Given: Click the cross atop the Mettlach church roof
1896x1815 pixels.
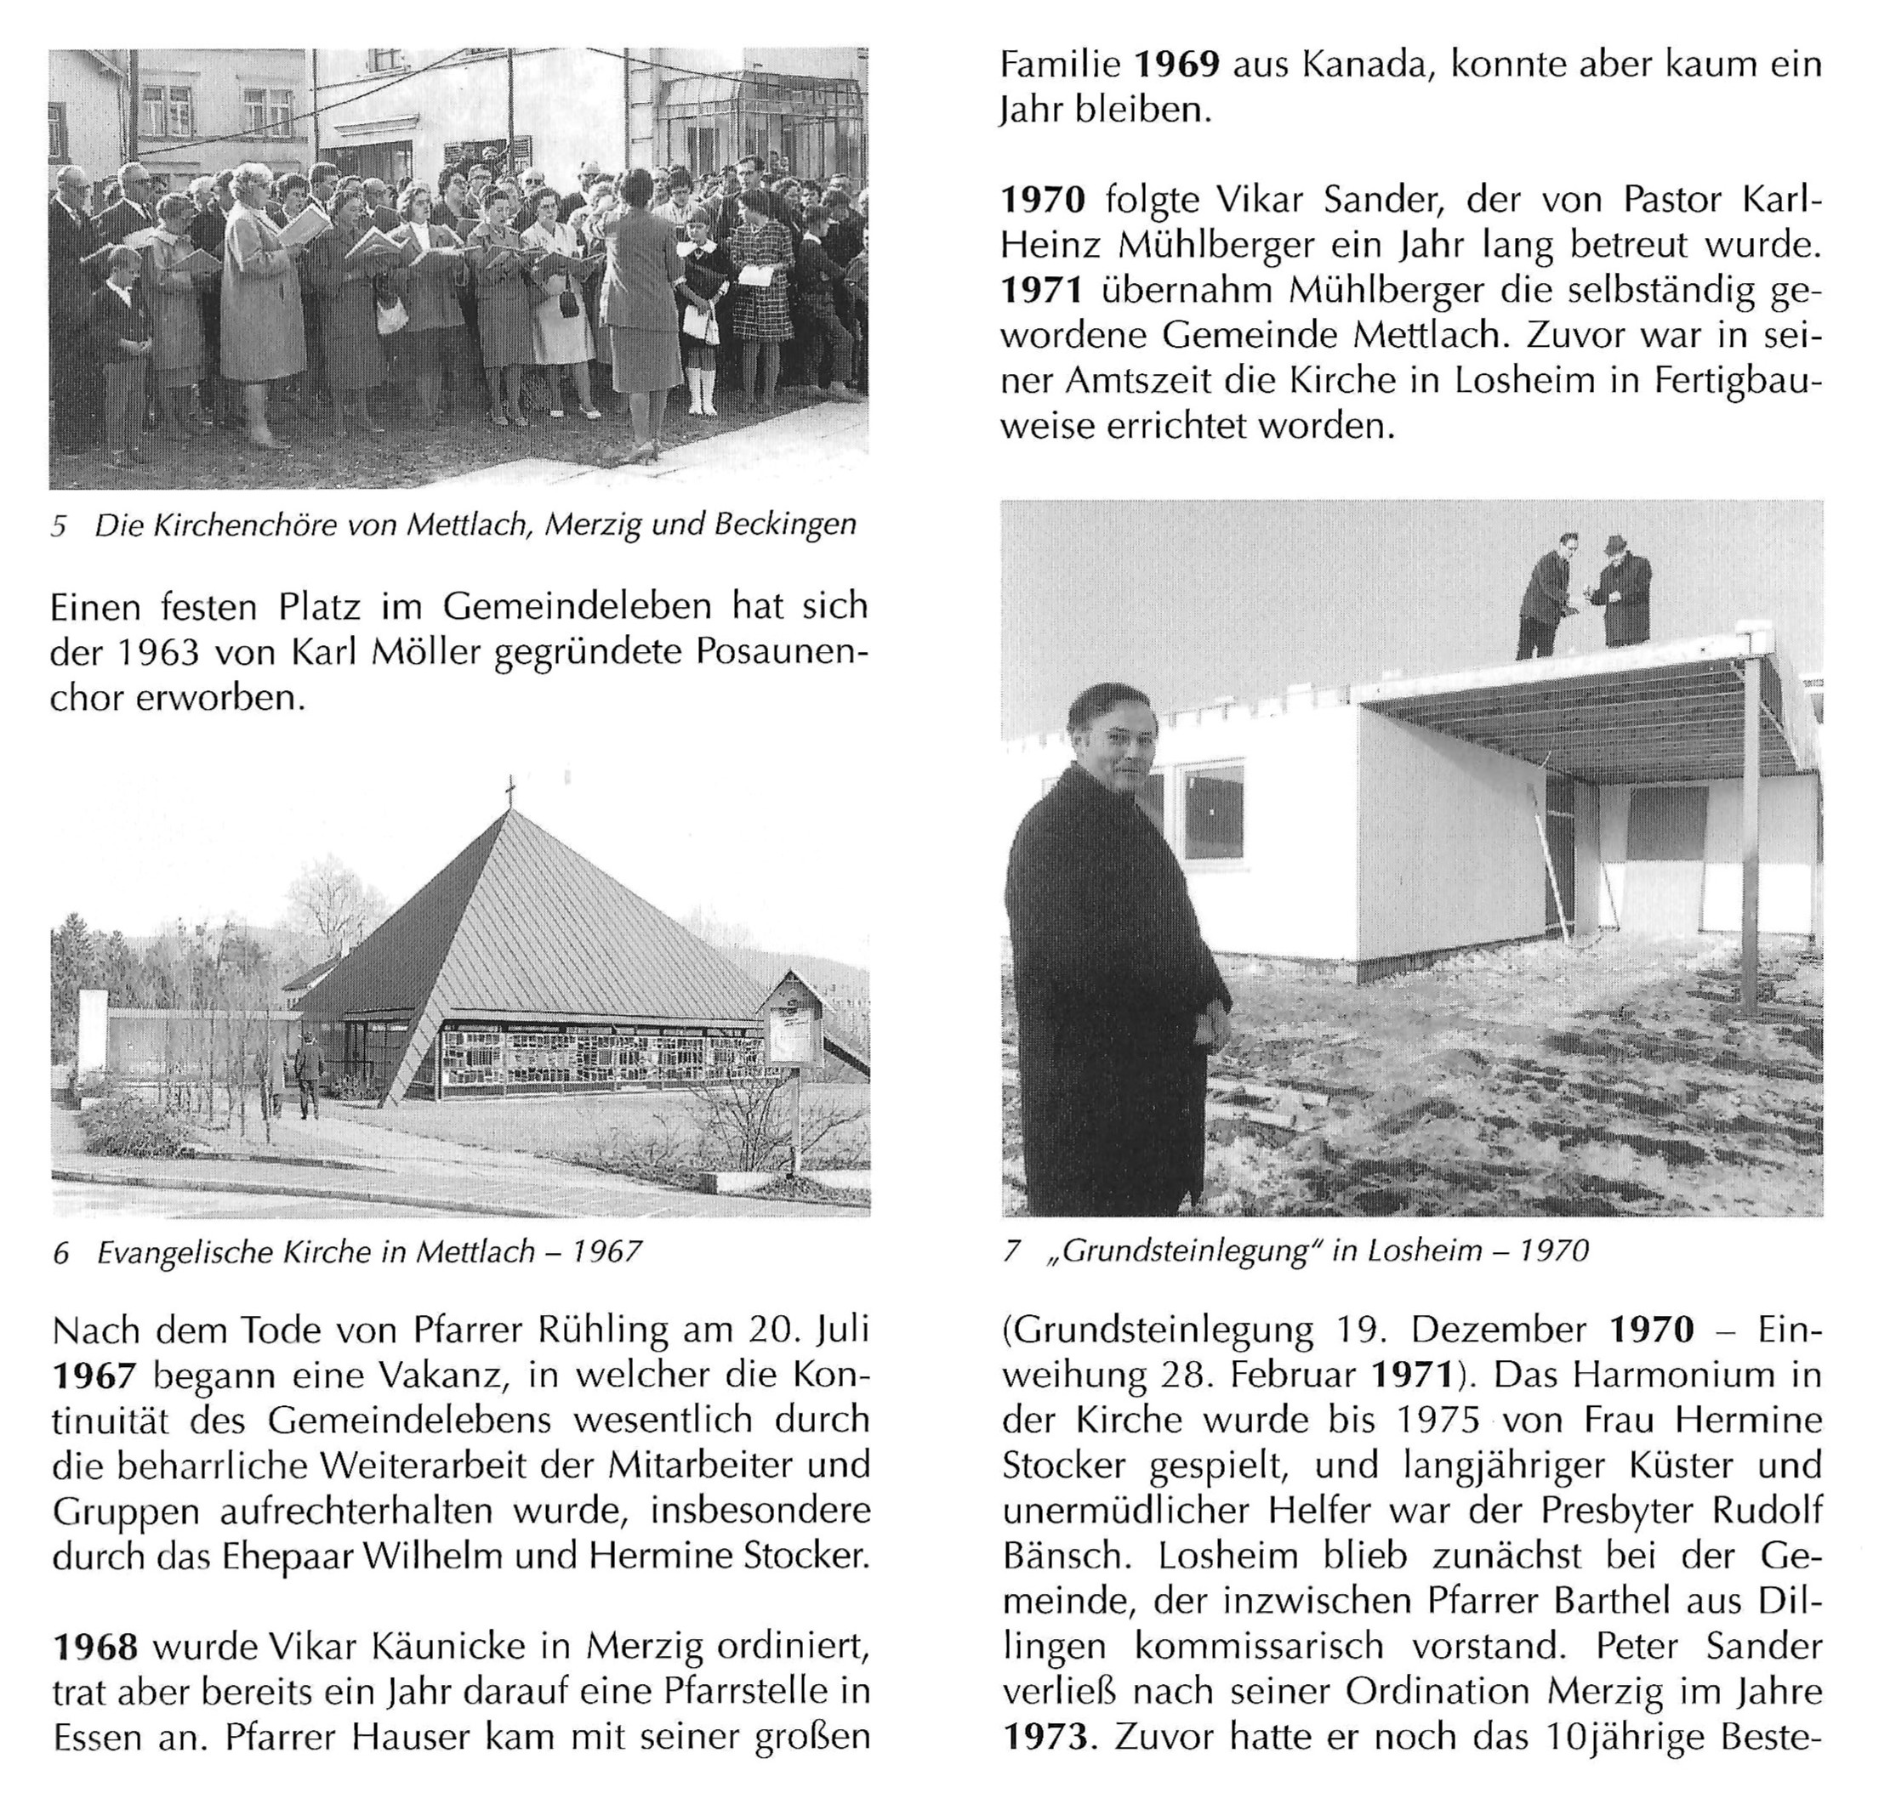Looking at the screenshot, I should tap(510, 792).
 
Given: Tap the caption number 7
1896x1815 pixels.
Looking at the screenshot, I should tap(1013, 1251).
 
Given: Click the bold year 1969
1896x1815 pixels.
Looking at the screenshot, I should tap(1176, 65).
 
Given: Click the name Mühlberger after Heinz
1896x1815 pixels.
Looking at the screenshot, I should tap(1214, 246).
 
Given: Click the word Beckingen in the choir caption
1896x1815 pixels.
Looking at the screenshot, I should tap(784, 525).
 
